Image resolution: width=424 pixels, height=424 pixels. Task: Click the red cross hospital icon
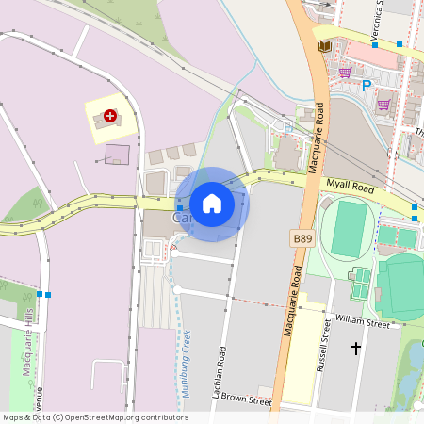[110, 116]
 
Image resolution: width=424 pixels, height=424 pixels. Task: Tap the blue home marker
[212, 204]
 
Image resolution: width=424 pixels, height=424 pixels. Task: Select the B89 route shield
[302, 239]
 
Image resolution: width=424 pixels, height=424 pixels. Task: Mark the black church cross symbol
[356, 349]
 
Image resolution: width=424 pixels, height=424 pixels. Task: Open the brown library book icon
[325, 46]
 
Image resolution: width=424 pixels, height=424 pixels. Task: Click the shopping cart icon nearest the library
[345, 72]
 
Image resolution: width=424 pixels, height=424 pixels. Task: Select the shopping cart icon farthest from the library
[383, 105]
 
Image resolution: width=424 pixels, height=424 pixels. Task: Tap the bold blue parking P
[367, 86]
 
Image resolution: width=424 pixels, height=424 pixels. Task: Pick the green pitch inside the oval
[349, 229]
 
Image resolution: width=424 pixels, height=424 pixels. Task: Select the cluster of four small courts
[360, 278]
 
